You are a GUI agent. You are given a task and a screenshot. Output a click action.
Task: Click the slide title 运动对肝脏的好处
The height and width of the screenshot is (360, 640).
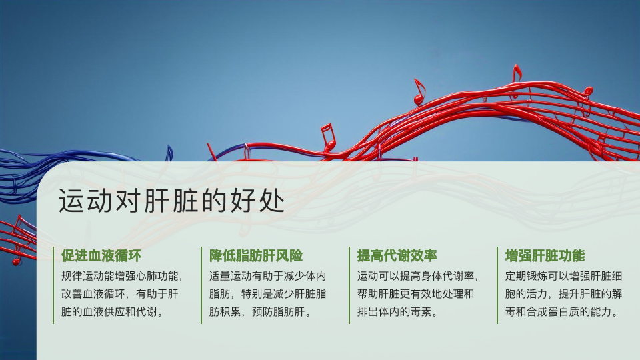point(171,201)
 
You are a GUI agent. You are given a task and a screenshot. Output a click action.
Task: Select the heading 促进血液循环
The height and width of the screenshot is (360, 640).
point(101,255)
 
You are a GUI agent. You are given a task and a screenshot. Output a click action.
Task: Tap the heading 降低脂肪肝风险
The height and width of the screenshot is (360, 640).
point(256,255)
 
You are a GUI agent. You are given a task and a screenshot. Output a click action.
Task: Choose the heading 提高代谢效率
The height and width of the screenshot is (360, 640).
point(397,255)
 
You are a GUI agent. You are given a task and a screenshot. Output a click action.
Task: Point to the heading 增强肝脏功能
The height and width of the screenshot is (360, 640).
point(545,255)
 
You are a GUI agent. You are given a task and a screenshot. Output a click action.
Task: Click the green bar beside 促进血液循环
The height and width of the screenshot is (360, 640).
point(53,285)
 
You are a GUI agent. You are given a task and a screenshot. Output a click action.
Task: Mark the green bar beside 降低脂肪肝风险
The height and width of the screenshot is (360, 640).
point(201,285)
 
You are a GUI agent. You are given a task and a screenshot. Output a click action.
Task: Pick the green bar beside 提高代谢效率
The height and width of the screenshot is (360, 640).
point(349,285)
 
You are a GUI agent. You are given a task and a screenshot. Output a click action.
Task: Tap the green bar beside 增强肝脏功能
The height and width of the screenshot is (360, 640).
point(497,285)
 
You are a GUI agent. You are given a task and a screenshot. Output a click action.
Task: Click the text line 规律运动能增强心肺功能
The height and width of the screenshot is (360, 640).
point(121,276)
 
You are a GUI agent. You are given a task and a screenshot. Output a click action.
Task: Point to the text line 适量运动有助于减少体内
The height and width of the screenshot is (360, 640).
point(268,276)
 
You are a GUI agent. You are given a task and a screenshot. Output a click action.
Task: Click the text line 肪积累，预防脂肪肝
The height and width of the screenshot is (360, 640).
point(260,312)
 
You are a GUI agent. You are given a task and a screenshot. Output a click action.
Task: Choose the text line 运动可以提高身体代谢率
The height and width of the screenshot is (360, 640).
point(417,276)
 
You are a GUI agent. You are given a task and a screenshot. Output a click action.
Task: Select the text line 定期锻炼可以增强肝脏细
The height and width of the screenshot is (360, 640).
point(564,276)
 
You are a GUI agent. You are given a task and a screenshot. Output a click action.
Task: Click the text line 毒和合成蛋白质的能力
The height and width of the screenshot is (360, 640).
point(563,312)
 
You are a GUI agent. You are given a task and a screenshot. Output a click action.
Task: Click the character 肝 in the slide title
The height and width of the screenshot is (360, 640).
point(157,201)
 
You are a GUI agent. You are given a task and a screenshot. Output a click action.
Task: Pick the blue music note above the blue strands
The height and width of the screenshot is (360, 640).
point(169,153)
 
